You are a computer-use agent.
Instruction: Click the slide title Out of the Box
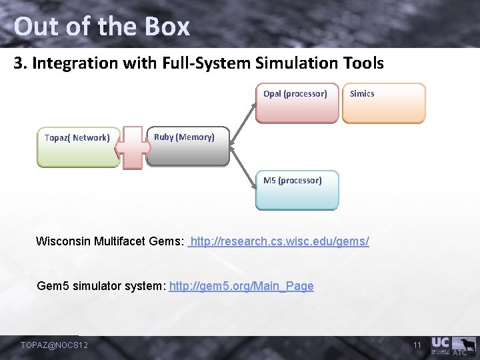point(101,27)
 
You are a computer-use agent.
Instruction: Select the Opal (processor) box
point(297,103)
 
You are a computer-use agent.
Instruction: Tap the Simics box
point(383,103)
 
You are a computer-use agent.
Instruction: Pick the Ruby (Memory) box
point(187,146)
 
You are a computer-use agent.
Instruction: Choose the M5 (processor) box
point(297,190)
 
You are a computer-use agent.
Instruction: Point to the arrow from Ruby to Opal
point(243,121)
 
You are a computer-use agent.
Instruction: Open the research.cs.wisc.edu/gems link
point(280,241)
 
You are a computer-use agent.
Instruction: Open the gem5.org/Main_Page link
point(241,286)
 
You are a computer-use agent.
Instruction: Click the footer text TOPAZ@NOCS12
point(55,345)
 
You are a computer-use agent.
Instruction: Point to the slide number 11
point(417,345)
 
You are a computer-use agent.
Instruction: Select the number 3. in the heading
point(21,63)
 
